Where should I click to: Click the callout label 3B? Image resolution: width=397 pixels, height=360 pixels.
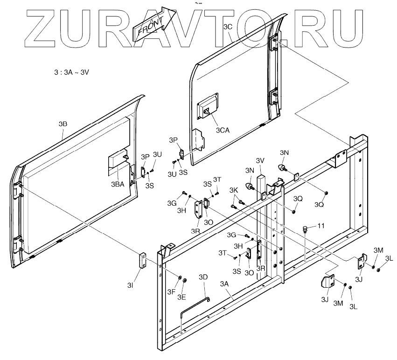click(63, 124)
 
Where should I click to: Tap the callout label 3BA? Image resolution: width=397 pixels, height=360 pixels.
click(118, 184)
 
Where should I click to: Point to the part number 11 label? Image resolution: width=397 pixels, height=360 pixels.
click(321, 226)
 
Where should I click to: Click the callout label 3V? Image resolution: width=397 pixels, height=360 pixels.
click(260, 160)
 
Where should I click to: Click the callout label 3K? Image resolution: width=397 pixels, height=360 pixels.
click(234, 190)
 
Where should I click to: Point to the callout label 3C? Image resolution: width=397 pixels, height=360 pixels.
click(228, 27)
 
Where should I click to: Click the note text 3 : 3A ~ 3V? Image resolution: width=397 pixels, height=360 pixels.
click(71, 73)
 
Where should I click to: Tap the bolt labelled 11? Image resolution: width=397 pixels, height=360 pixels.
click(305, 229)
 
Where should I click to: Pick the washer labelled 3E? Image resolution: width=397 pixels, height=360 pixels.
click(185, 281)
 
